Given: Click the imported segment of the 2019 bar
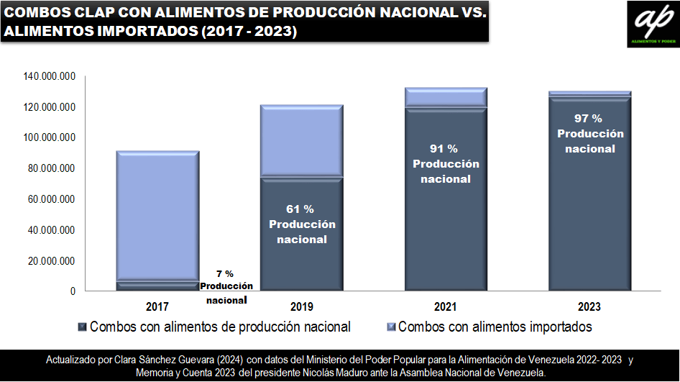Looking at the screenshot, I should click(302, 140).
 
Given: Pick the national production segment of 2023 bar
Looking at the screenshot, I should click(589, 216).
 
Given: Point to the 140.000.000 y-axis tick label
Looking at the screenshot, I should click(50, 76).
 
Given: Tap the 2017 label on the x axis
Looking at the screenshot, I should click(157, 306).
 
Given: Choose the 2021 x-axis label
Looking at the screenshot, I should click(446, 306).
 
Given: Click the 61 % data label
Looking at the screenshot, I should click(300, 209).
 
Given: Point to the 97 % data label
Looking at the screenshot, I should click(588, 119).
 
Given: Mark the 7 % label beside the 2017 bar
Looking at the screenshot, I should click(225, 274).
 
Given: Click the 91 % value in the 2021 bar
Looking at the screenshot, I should click(444, 149).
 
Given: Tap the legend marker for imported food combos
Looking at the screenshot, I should click(390, 327).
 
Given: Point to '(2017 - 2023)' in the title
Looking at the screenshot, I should click(250, 32).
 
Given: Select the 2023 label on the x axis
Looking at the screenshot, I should click(589, 306).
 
